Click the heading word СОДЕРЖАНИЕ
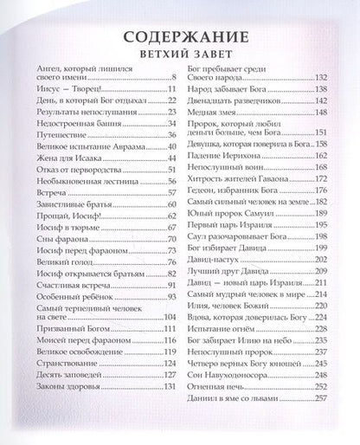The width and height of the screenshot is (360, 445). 179,38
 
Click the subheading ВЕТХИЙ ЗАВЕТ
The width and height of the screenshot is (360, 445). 180,58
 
